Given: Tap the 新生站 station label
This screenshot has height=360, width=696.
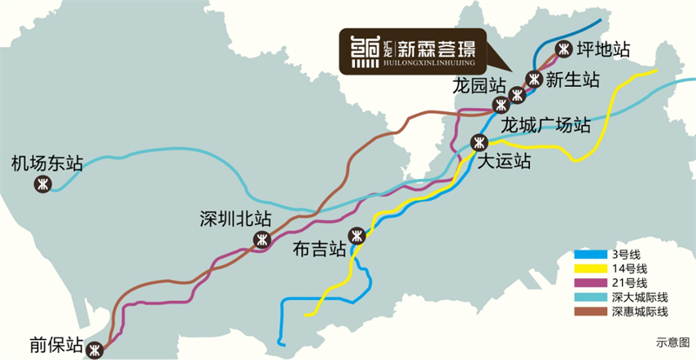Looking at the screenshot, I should point(573,79).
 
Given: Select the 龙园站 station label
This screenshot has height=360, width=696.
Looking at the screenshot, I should point(478,85).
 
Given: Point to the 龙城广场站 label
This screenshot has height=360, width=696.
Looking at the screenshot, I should point(546,124).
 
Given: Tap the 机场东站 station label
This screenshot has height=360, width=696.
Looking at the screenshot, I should point(47,163).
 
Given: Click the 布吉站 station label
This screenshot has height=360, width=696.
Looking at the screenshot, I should point(321,249).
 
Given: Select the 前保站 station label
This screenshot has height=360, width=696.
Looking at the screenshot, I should point(56,343).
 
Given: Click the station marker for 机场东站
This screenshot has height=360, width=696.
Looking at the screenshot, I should point(42,184).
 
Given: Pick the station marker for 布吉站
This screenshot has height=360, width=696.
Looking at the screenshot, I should point(356,235).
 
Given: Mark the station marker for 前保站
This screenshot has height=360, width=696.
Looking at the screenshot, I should point(95,350).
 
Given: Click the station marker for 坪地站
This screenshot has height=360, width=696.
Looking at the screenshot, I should point(564,49).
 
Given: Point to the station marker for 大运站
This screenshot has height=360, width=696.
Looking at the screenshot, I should point(478,142).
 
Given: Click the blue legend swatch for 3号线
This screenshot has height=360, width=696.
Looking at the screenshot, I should point(590,254).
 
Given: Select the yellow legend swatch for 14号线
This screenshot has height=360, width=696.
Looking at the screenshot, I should point(590,269).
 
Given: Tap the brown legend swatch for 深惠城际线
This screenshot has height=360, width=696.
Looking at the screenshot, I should point(590,310).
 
